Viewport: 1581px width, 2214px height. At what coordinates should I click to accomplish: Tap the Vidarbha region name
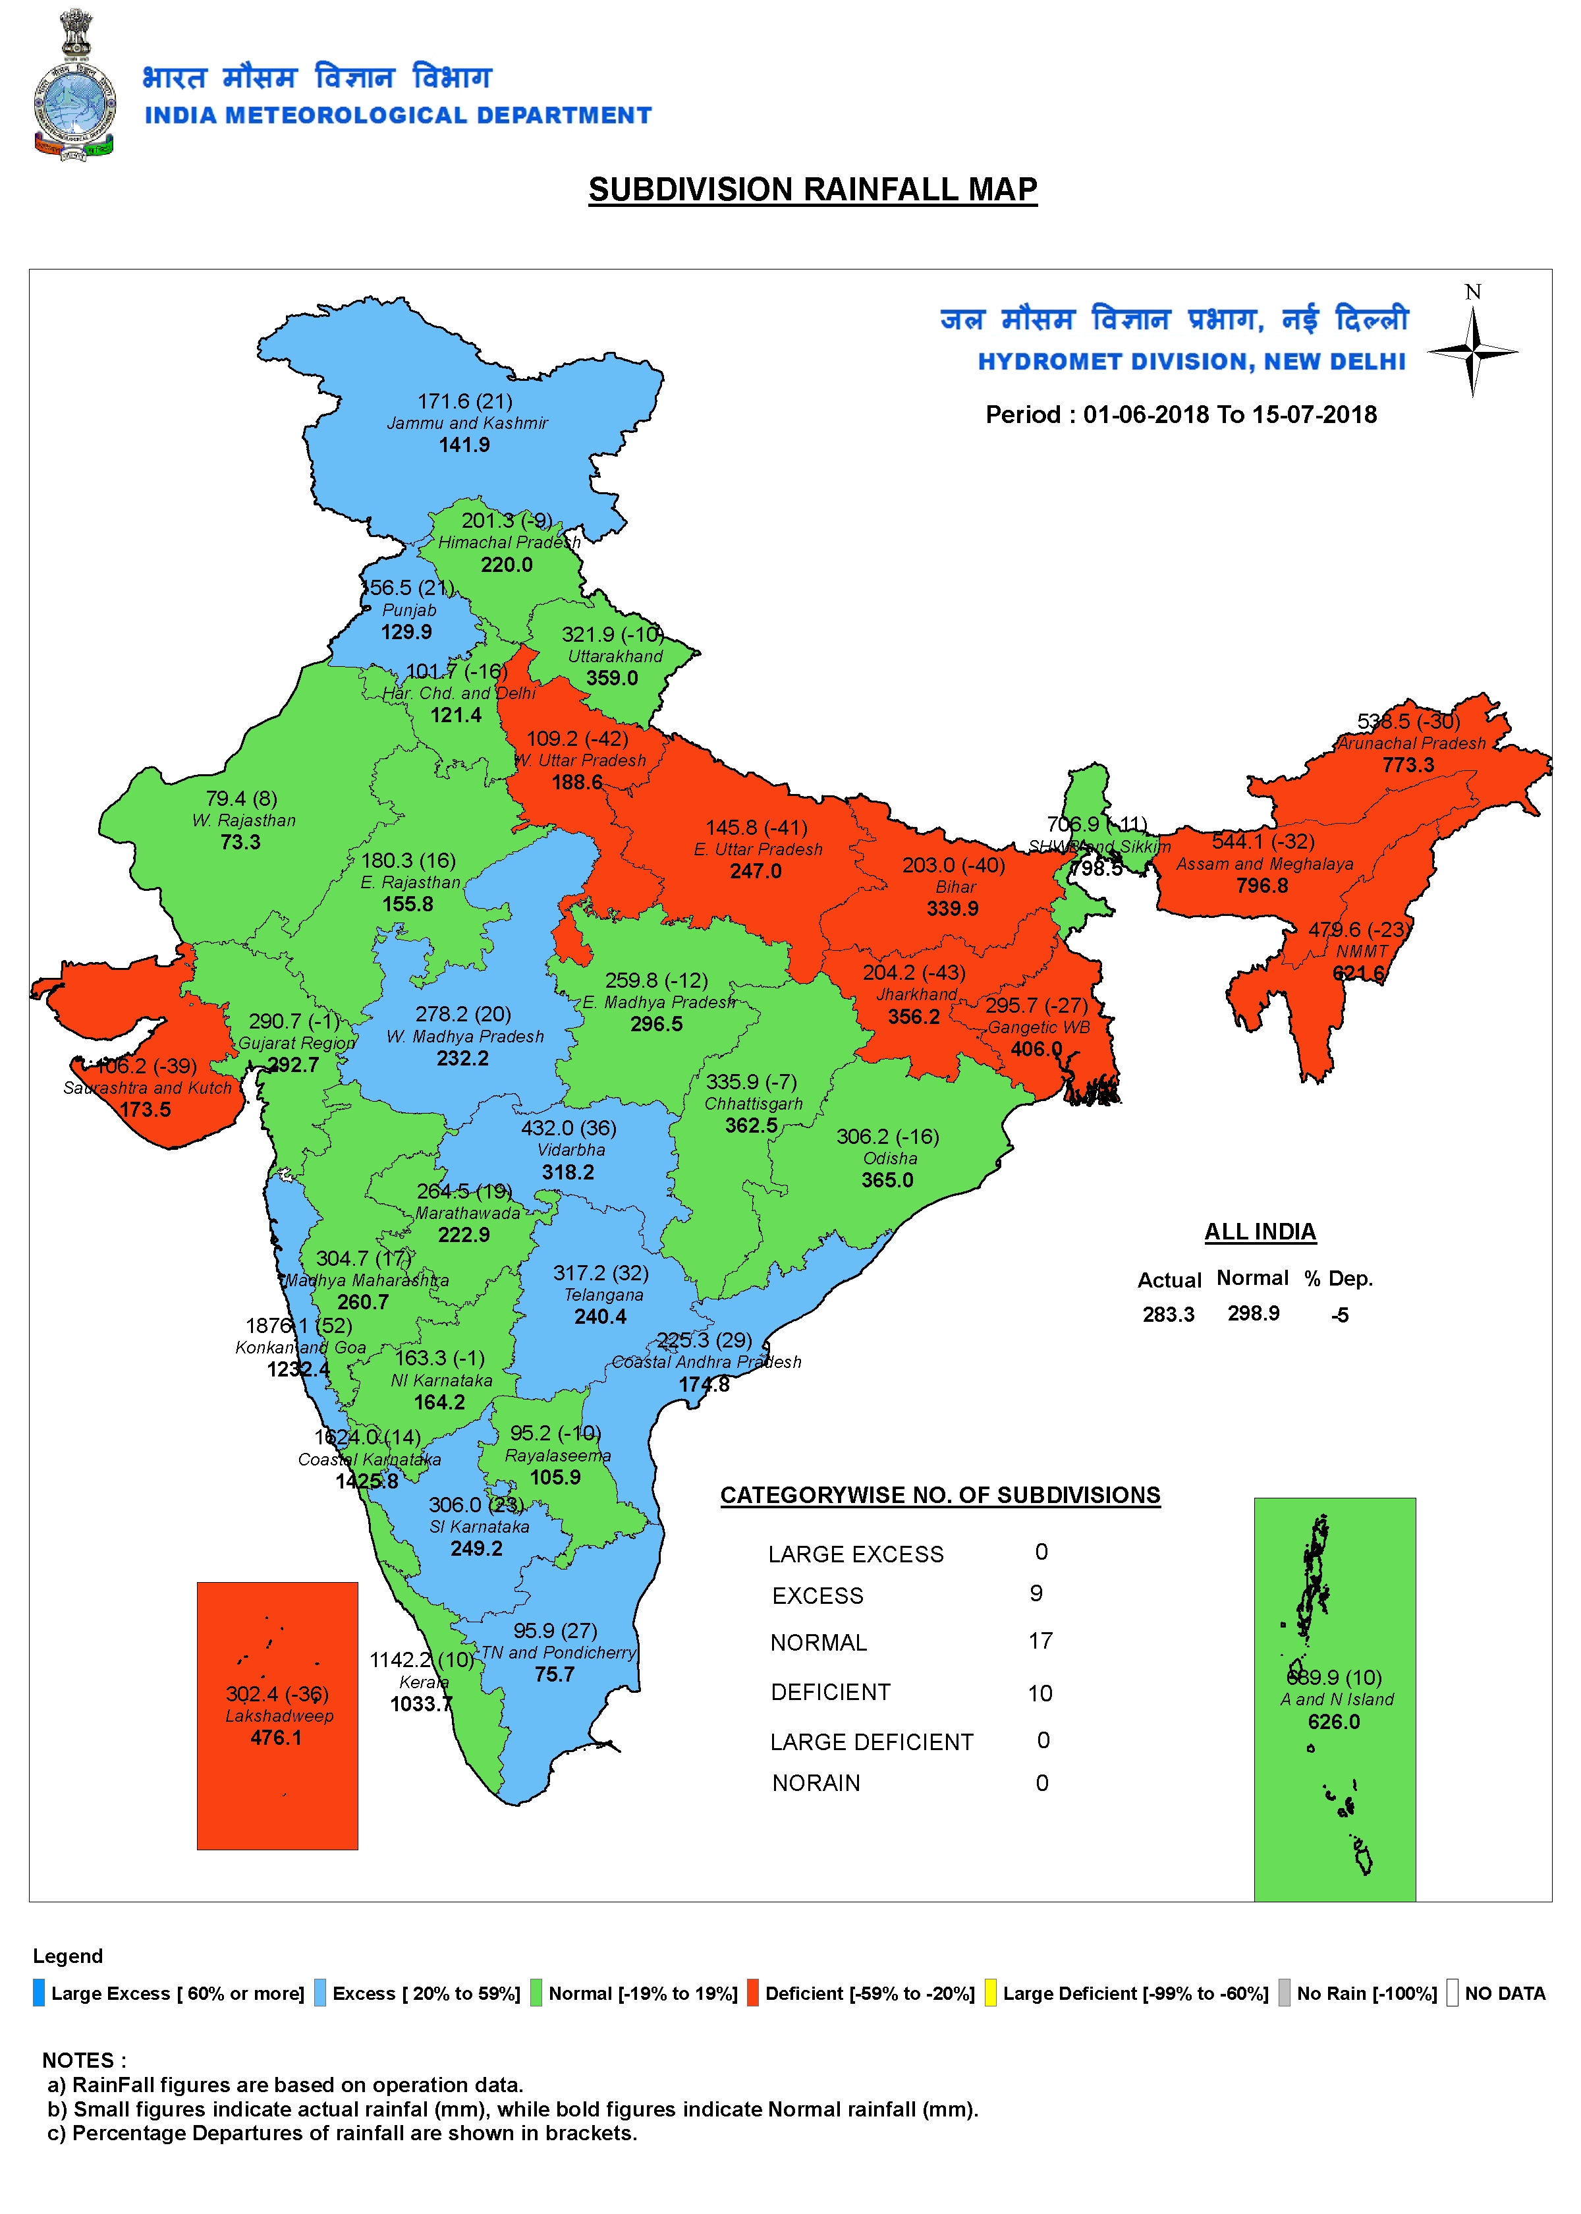click(571, 1150)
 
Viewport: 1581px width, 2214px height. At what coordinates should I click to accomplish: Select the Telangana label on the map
click(603, 1295)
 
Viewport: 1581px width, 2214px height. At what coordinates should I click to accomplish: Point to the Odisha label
click(890, 1158)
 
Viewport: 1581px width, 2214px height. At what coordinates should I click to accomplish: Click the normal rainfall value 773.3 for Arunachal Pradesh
click(1408, 765)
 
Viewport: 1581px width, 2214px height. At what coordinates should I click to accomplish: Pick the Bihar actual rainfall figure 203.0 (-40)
click(953, 865)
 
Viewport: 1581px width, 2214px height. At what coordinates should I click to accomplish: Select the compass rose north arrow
click(1473, 351)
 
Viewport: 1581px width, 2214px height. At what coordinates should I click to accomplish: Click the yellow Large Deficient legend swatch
click(990, 1994)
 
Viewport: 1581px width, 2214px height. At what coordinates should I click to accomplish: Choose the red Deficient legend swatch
click(752, 1994)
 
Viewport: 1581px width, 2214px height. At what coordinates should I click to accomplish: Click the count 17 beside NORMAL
click(1040, 1641)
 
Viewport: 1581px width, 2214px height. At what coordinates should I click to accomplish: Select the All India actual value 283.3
click(1167, 1315)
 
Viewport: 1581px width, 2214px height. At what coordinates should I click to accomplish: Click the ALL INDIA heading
click(1260, 1232)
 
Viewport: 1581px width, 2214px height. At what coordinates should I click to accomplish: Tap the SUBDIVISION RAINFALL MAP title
click(812, 189)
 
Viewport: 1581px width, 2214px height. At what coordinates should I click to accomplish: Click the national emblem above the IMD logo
click(76, 34)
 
